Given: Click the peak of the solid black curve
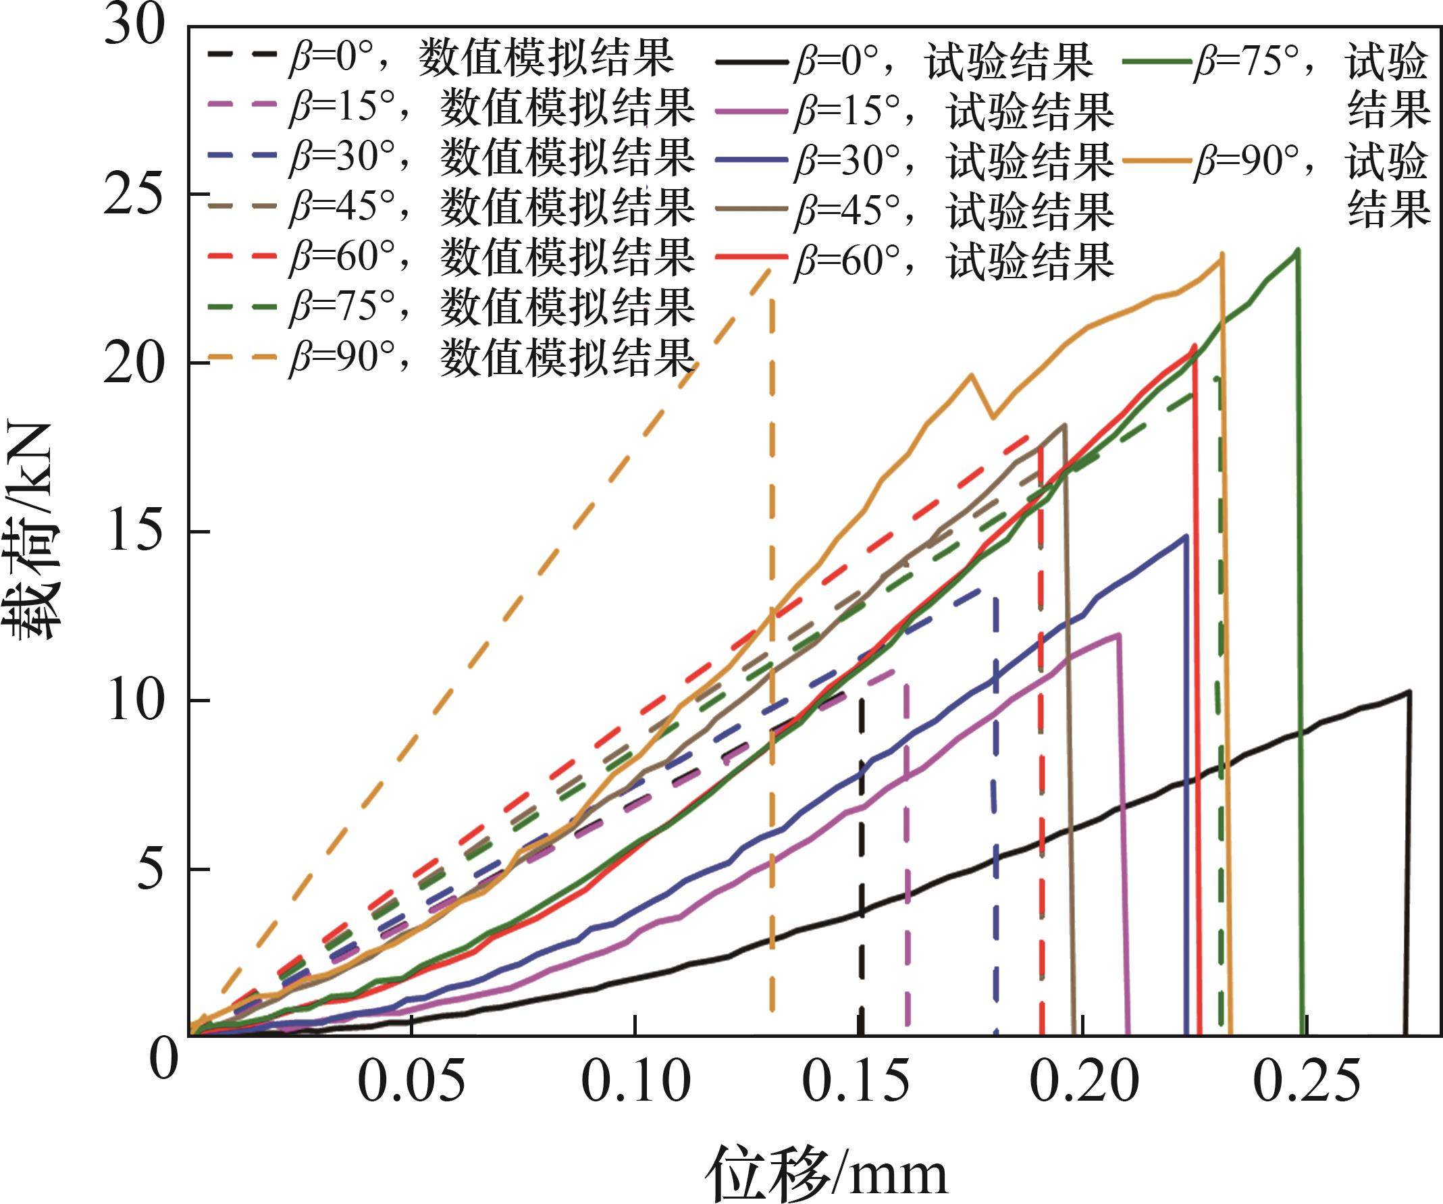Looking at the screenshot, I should tap(1409, 691).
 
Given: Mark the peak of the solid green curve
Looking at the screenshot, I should tap(1296, 250).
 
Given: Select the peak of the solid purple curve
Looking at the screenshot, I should tap(1120, 633).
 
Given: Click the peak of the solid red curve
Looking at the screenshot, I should tap(1196, 345).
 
